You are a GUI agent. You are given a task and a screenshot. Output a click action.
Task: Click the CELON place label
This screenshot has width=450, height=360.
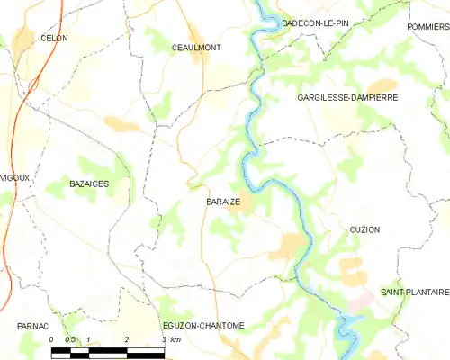coord(54,39)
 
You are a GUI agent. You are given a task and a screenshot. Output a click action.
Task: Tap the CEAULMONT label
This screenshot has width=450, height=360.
coord(196,47)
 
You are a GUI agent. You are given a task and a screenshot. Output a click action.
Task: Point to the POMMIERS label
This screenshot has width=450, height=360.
coord(427,27)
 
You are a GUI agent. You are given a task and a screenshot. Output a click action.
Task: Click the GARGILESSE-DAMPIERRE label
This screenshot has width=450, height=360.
coord(347,96)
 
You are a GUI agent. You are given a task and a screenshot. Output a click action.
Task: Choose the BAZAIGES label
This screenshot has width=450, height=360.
coord(89,184)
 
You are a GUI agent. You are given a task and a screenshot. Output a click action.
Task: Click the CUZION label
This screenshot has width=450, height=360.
coord(364,229)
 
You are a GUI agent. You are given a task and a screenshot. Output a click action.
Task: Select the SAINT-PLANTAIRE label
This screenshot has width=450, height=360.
coord(414,292)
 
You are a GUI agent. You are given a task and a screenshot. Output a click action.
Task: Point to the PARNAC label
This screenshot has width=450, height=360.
coord(31,325)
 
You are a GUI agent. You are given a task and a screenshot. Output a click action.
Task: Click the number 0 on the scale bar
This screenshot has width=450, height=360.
coord(52,339)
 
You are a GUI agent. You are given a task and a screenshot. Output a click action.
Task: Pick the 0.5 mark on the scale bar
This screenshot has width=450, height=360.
coord(69,339)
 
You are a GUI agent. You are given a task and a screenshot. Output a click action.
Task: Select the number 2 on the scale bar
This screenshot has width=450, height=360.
coord(127,339)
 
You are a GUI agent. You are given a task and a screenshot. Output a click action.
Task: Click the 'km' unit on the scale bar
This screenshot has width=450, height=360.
coord(176,339)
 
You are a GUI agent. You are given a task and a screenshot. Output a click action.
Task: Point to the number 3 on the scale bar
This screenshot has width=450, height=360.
coord(164,339)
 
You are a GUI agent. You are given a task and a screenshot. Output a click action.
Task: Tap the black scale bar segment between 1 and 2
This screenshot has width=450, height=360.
coord(108,349)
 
